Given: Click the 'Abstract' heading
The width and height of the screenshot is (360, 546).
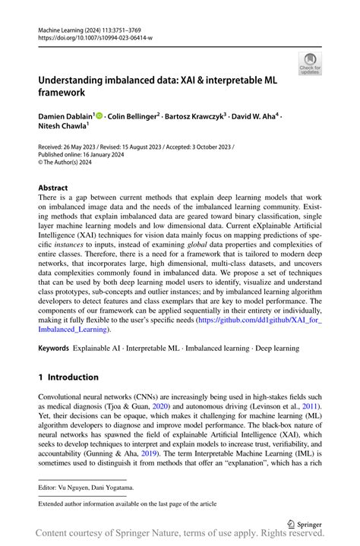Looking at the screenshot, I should pos(52,187).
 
